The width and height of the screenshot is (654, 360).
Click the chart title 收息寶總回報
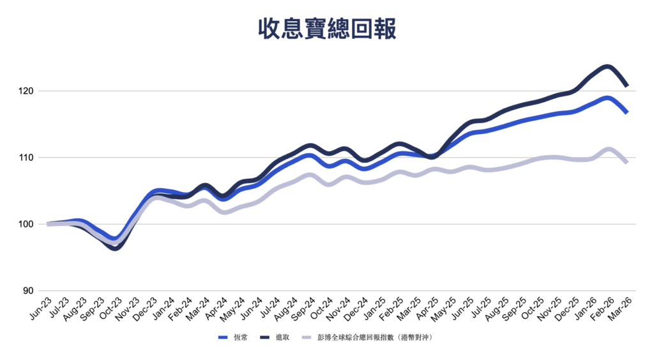click(x=326, y=29)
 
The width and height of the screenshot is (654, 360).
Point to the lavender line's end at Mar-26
click(x=627, y=162)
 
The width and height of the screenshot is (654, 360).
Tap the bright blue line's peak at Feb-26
click(x=607, y=98)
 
